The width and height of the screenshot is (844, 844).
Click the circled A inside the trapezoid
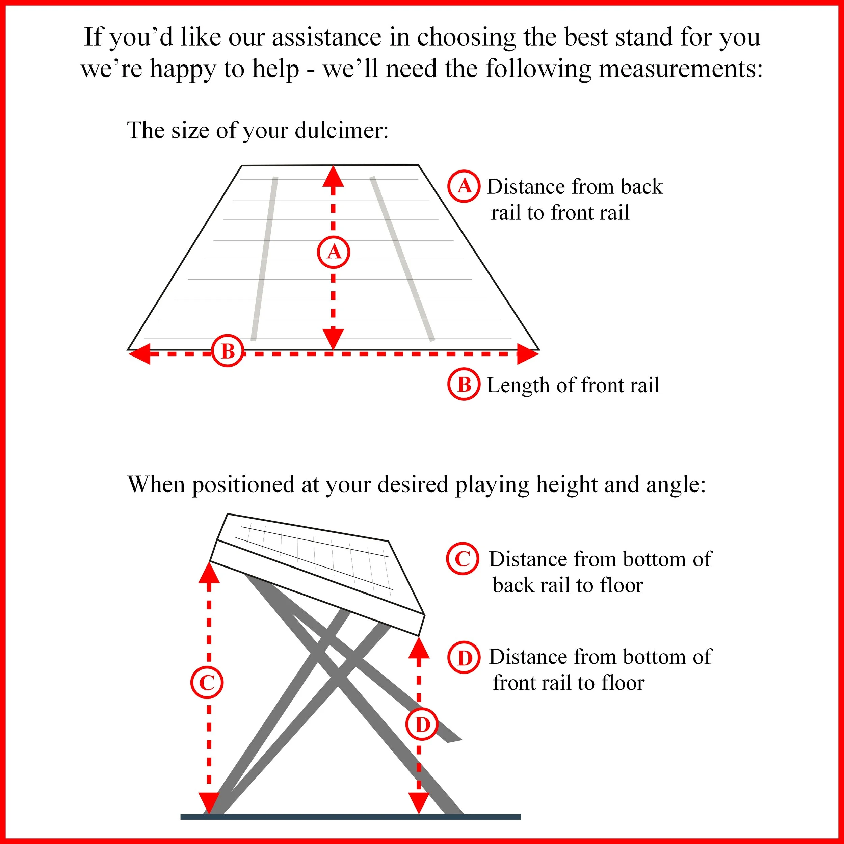pos(333,252)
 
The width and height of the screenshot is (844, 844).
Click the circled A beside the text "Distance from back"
pos(464,186)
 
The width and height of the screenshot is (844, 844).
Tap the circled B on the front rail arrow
pos(228,351)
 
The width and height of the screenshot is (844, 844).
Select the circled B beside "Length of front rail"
pos(464,385)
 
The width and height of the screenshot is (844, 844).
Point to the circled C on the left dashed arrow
pos(207,682)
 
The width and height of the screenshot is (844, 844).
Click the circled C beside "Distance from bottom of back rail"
pos(463,559)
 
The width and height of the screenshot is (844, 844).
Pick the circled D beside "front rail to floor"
pos(464,657)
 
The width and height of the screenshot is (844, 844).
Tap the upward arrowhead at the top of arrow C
pos(209,574)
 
